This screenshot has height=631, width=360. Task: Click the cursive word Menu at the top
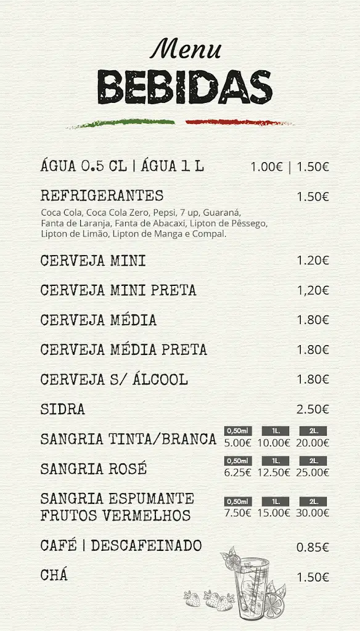[x=185, y=48]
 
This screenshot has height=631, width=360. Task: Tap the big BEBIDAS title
[x=185, y=86]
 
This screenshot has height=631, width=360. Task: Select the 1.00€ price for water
[x=267, y=166]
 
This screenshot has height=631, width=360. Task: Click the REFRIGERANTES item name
[x=102, y=196]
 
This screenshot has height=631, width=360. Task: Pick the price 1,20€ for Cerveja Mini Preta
[x=313, y=290]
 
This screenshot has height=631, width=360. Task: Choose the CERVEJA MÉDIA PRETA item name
[x=123, y=350]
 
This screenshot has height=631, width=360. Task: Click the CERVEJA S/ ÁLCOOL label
[x=114, y=380]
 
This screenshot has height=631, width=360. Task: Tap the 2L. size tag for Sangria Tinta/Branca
[x=313, y=431]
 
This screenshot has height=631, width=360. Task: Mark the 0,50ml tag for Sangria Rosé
[x=238, y=461]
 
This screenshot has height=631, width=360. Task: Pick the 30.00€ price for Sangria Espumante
[x=313, y=513]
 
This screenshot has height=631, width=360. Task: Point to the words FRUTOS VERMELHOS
[x=115, y=515]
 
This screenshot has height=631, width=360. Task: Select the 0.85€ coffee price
[x=313, y=547]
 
